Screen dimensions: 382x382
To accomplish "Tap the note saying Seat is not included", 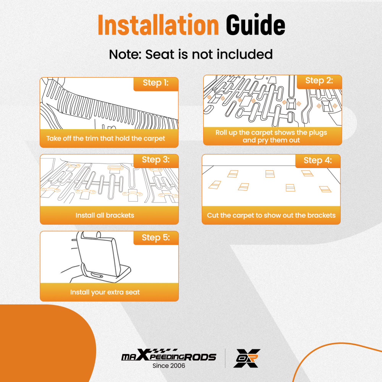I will pos(191,54).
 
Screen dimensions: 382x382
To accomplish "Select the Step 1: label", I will pos(155,83).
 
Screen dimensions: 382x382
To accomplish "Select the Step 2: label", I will pos(319,81).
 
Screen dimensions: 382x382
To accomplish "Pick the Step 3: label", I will pos(155,160).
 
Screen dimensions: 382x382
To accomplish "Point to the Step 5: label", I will pos(155,238).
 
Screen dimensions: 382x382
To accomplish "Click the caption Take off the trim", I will pos(106,138).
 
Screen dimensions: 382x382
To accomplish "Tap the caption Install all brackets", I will pos(105,215).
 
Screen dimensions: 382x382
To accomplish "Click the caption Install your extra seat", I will pos(105,292).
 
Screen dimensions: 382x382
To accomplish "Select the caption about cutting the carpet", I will pos(271,215).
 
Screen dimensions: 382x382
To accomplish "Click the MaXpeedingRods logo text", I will pos(168,357).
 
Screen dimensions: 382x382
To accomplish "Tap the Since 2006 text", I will pos(168,366).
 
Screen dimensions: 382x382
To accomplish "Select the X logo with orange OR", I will pos(247,358).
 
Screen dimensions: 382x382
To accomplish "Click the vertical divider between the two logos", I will pos(225,358).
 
